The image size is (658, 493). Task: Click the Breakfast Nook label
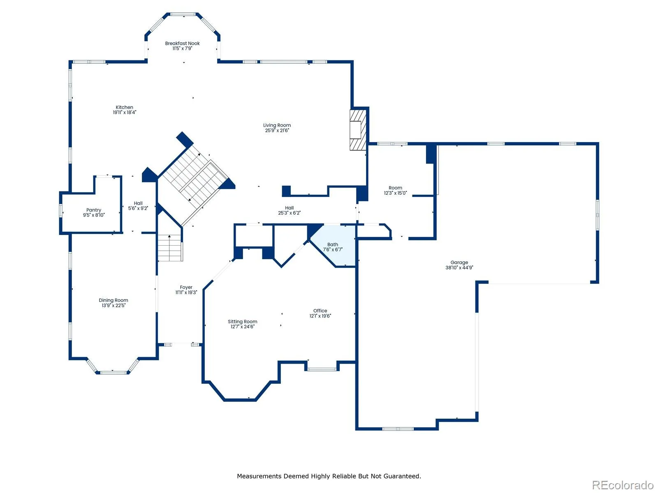click(182, 44)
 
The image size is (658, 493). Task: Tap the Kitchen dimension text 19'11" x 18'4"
click(125, 113)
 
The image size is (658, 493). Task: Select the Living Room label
click(277, 125)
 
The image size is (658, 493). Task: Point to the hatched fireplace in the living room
click(358, 130)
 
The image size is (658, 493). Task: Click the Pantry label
click(94, 210)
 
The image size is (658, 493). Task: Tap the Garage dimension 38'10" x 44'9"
click(459, 268)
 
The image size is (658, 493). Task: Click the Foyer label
click(186, 287)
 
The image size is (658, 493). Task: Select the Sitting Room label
click(243, 322)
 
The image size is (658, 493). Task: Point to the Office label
click(320, 311)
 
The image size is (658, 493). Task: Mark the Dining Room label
click(114, 300)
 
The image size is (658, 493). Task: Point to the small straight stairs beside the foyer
click(170, 248)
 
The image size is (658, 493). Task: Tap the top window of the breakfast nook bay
click(183, 14)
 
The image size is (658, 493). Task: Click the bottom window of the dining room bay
click(114, 373)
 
